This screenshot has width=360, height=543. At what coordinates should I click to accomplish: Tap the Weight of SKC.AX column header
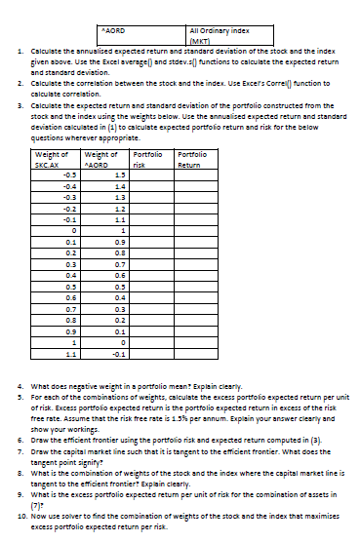(51, 160)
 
